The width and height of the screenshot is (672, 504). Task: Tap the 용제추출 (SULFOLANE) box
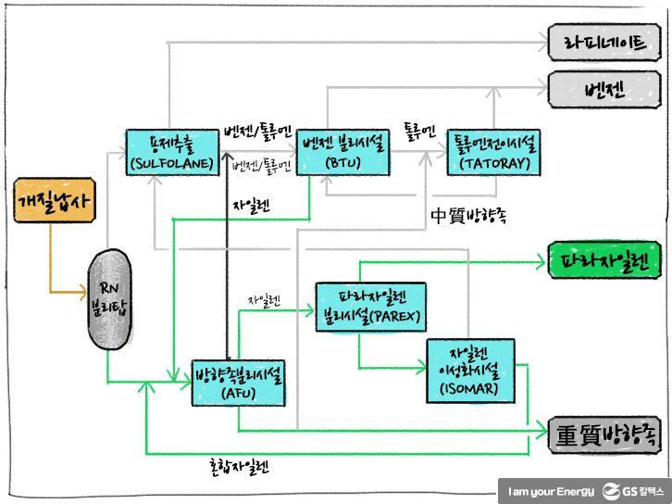pyautogui.click(x=173, y=152)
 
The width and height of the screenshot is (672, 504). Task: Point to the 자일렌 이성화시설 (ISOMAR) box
pyautogui.click(x=473, y=372)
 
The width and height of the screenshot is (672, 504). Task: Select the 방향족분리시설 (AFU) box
pyautogui.click(x=239, y=381)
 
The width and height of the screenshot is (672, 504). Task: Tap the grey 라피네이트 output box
pyautogui.click(x=604, y=41)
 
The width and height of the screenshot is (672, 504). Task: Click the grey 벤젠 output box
pyautogui.click(x=604, y=89)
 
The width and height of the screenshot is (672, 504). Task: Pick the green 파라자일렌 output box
pyautogui.click(x=604, y=260)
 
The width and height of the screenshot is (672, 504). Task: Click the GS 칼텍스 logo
pyautogui.click(x=633, y=489)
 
